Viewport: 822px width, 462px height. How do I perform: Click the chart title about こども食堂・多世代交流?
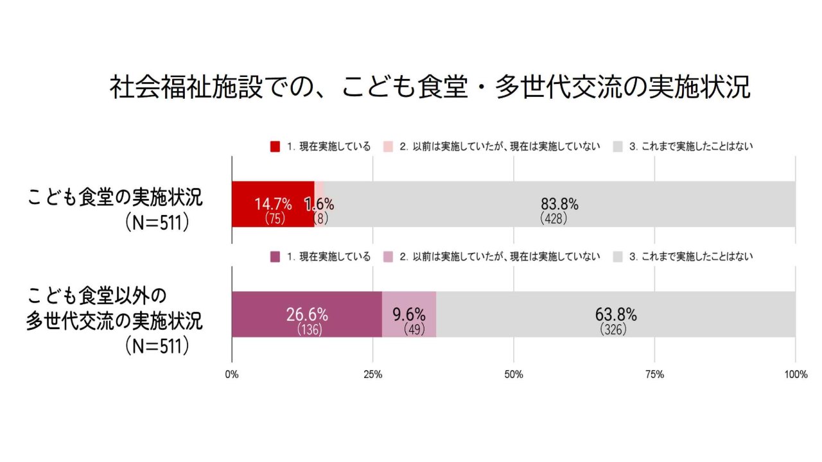[x=430, y=88]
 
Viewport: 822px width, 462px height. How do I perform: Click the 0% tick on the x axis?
[x=232, y=375]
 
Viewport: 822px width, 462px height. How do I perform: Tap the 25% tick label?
[x=373, y=375]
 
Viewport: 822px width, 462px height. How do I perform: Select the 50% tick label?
[x=514, y=375]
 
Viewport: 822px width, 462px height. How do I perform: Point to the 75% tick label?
[x=654, y=375]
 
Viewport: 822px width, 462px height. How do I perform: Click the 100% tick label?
[x=796, y=375]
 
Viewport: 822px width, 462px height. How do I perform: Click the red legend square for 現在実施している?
[x=275, y=146]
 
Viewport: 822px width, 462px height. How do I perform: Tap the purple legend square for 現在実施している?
[x=275, y=257]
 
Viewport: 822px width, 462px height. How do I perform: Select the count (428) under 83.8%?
[x=554, y=219]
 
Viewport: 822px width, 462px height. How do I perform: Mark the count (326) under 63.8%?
[x=613, y=330]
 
